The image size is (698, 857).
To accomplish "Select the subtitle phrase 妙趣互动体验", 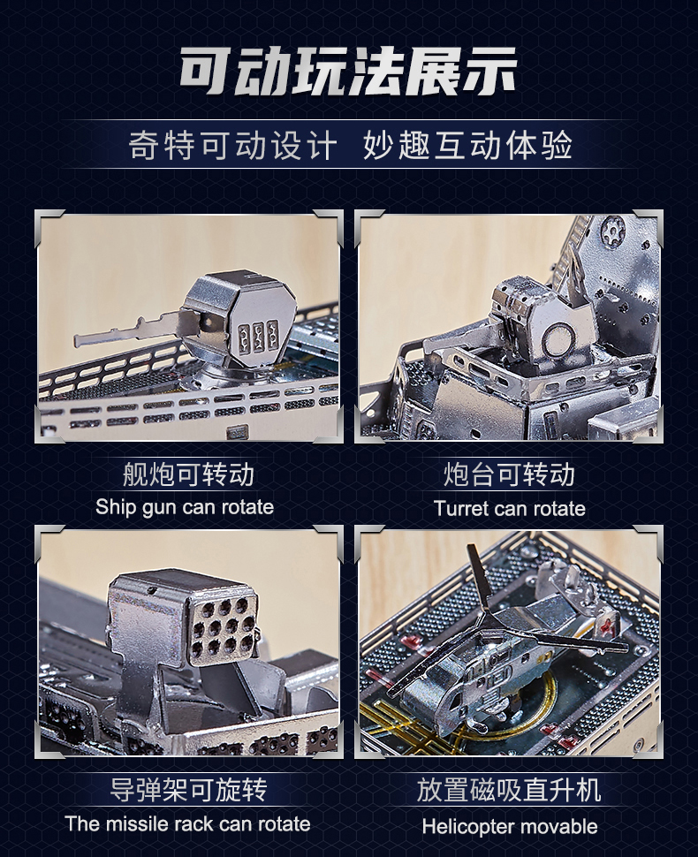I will [467, 146].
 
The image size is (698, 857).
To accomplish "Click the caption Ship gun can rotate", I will [185, 507].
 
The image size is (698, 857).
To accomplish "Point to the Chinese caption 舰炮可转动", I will [187, 474].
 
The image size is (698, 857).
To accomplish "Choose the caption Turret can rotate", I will [509, 508].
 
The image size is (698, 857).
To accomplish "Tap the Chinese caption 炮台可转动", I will [509, 474].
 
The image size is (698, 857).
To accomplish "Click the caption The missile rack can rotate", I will [187, 824].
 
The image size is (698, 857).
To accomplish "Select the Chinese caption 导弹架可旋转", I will [188, 790].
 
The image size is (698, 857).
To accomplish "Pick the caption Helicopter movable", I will [509, 827].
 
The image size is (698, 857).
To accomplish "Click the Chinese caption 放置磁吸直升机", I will [509, 790].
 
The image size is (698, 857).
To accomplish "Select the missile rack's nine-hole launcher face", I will [223, 629].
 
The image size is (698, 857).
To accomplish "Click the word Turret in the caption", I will [459, 508].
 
